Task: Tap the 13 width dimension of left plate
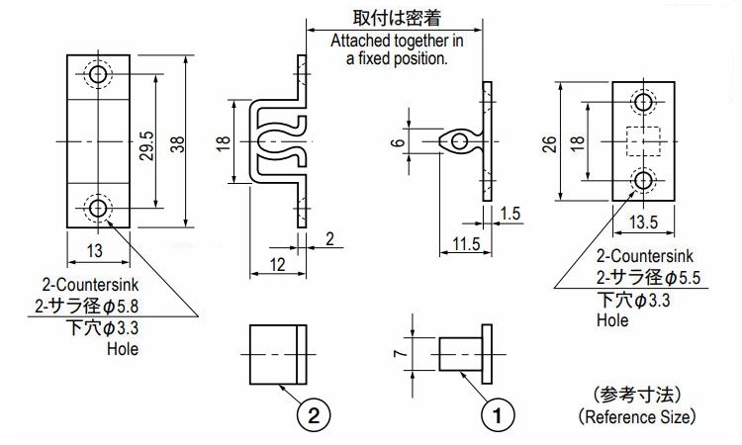click(95, 250)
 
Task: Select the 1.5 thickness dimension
click(510, 215)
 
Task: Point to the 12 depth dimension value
click(276, 265)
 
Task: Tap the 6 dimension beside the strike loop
click(399, 143)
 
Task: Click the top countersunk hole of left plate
click(98, 75)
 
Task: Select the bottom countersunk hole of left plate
click(98, 209)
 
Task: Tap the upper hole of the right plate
click(644, 102)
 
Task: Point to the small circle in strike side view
click(457, 143)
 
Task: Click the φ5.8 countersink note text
click(95, 308)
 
